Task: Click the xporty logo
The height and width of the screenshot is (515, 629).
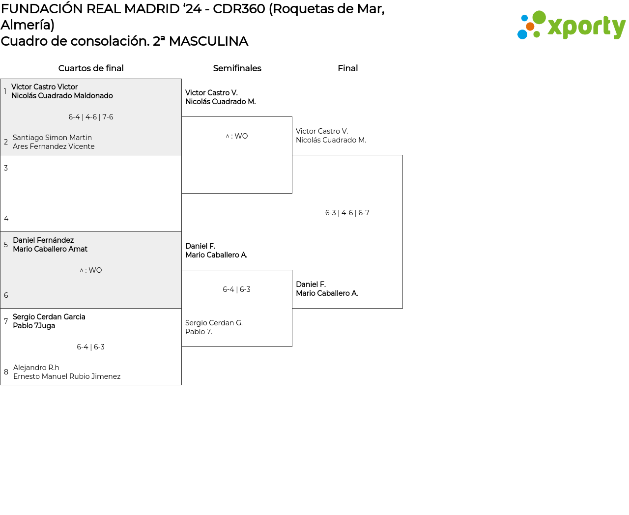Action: click(x=572, y=26)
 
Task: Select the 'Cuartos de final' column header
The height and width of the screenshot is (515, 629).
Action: click(x=91, y=68)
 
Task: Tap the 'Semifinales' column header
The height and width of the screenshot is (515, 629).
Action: click(x=237, y=68)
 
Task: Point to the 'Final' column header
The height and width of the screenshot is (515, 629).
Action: click(x=347, y=68)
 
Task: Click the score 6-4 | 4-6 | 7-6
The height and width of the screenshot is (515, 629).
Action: click(x=91, y=117)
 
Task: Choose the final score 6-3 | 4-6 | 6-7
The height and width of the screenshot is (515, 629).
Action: click(x=347, y=213)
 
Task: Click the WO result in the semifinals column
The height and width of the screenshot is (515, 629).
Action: click(x=237, y=136)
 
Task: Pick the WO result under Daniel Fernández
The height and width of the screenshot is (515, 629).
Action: click(x=91, y=270)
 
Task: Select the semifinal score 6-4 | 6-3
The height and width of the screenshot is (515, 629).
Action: click(x=236, y=289)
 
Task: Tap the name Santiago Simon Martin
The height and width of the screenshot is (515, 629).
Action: click(x=52, y=138)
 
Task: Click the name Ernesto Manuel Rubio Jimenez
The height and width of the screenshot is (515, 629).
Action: click(x=67, y=376)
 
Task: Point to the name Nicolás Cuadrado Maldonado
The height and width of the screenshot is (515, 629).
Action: click(x=62, y=96)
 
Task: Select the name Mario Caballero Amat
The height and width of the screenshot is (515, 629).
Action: click(x=50, y=249)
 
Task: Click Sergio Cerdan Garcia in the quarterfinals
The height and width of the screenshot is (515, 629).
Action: click(x=49, y=317)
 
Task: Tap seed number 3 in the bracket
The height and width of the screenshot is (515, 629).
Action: click(x=6, y=168)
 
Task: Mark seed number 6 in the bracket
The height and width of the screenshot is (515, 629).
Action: click(x=6, y=295)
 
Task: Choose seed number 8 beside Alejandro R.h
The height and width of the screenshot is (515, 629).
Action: click(x=6, y=372)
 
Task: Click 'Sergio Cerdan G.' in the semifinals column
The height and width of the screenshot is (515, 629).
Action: click(x=214, y=323)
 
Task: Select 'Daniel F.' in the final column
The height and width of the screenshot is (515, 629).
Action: click(x=311, y=285)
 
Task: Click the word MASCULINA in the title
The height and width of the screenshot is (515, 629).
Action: click(x=208, y=41)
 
